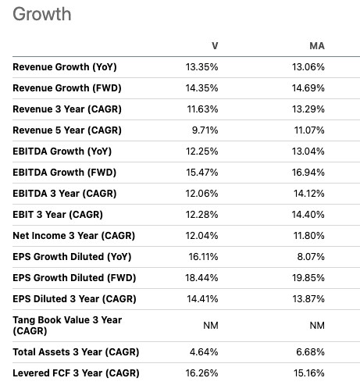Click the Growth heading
(42, 14)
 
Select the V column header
(214, 46)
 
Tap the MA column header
(316, 46)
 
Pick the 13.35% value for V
(202, 67)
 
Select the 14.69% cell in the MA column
(308, 88)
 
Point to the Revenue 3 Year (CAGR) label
(66, 109)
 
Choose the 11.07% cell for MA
(308, 130)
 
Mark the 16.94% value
(308, 173)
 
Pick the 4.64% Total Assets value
(205, 351)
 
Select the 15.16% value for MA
(308, 373)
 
